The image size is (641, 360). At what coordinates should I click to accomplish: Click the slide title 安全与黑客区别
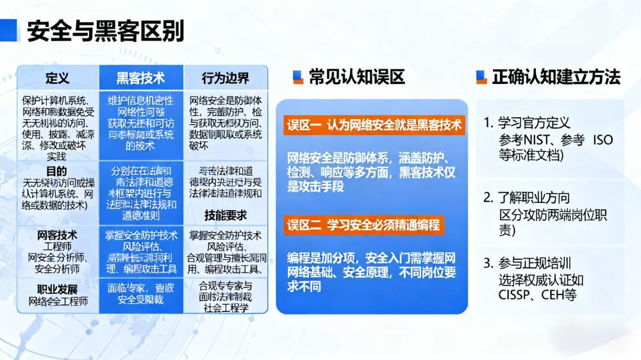[106, 31]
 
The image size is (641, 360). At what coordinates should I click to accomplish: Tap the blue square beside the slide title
[10, 30]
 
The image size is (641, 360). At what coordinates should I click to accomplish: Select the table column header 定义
[58, 78]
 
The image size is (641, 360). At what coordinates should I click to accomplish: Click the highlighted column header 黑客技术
[140, 78]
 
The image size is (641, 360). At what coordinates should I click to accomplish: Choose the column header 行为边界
[226, 78]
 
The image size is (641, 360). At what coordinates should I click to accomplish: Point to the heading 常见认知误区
[356, 78]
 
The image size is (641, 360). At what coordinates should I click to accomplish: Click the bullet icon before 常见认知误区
[297, 78]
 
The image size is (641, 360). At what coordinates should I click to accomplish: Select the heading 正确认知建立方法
[556, 78]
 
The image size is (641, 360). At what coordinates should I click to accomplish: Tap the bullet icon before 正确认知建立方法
[481, 78]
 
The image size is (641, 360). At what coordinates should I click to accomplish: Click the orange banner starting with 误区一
[374, 125]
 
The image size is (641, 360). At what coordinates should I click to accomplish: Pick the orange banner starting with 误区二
[364, 225]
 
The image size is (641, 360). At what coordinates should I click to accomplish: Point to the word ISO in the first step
[603, 140]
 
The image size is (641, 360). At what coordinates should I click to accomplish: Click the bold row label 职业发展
[57, 288]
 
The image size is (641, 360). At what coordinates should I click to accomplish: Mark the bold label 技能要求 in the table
[226, 215]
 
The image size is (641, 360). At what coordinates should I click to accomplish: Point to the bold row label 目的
[56, 171]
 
